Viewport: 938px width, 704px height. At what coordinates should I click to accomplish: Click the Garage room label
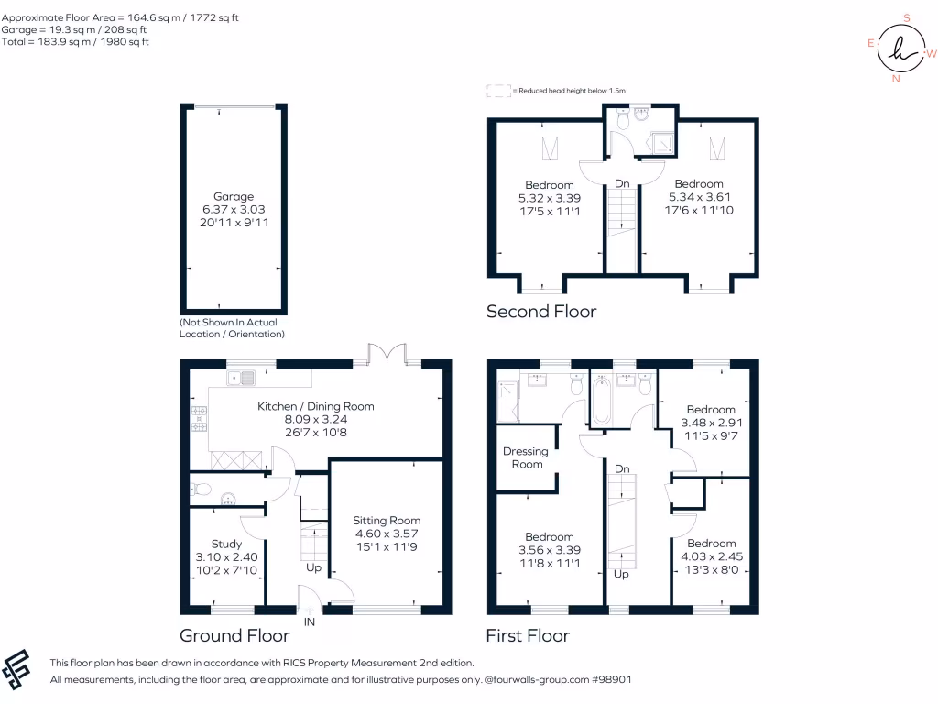pos(234,196)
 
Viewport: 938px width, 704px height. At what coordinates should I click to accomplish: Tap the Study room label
pos(226,544)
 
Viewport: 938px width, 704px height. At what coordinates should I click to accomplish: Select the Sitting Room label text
pos(387,520)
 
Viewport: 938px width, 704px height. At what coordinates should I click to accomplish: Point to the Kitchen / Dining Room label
pos(315,406)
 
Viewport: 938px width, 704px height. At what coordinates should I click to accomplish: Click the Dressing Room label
pos(526,457)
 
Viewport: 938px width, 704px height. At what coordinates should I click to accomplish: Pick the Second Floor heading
pos(540,312)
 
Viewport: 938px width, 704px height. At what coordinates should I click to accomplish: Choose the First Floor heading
pos(528,635)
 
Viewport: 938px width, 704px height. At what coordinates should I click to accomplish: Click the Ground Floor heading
pos(234,635)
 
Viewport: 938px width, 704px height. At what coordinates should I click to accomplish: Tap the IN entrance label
pos(310,621)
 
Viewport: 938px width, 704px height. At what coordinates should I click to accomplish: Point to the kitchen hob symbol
pos(199,420)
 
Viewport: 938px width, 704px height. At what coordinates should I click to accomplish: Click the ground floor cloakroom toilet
pos(202,489)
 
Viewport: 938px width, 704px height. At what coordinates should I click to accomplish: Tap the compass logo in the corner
pos(901,48)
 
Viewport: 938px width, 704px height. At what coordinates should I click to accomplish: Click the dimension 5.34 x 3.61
pos(699,197)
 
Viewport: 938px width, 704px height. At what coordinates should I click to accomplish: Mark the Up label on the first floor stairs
pos(622,575)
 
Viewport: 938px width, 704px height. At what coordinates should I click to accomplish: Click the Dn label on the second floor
pos(622,184)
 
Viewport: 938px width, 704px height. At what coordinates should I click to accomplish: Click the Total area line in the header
pos(76,42)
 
